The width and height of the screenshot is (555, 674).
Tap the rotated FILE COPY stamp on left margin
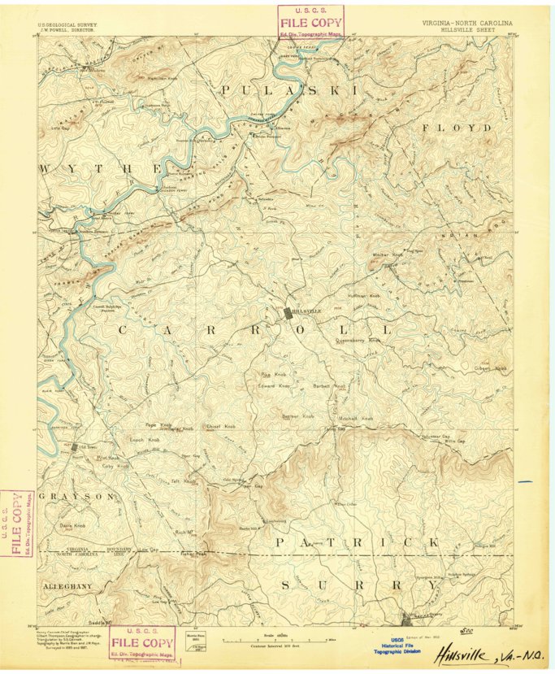pyautogui.click(x=17, y=524)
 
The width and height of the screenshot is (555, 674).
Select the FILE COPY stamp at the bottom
pyautogui.click(x=141, y=641)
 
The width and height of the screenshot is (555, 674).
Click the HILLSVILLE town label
pyautogui.click(x=306, y=311)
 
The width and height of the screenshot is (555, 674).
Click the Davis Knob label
pyautogui.click(x=77, y=525)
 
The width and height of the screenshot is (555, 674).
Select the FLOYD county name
pyautogui.click(x=456, y=128)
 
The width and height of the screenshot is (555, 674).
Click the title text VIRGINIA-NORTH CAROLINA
pyautogui.click(x=462, y=25)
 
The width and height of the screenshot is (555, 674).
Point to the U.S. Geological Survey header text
pyautogui.click(x=67, y=25)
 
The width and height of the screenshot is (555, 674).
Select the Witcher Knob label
pyautogui.click(x=387, y=254)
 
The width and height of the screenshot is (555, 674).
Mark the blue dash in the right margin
pyautogui.click(x=525, y=482)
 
